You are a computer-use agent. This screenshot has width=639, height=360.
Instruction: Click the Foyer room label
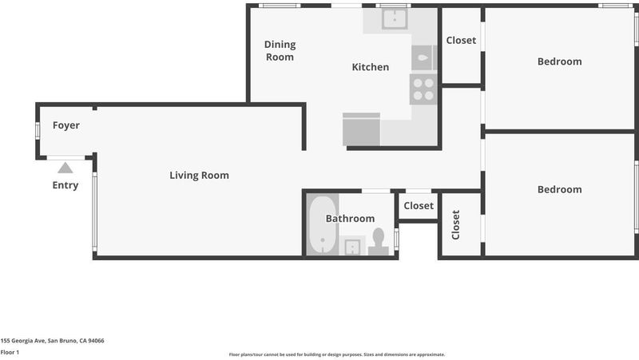(x=66, y=125)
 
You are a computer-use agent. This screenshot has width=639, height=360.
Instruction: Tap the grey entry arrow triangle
(x=65, y=168)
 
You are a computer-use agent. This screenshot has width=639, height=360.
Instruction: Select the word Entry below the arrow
(x=65, y=185)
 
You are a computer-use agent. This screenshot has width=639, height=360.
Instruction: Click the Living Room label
(x=199, y=176)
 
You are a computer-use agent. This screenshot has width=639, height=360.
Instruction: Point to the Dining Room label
(x=280, y=50)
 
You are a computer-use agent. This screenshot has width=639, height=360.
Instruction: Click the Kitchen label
(x=371, y=67)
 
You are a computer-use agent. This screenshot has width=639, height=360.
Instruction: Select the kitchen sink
(x=395, y=19)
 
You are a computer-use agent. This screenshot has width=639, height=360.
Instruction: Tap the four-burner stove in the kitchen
(x=423, y=89)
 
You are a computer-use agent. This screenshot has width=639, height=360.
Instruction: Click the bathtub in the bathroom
(x=323, y=224)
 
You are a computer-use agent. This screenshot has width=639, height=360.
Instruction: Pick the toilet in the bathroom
(x=379, y=242)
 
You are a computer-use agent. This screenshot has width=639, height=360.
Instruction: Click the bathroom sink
(x=352, y=247)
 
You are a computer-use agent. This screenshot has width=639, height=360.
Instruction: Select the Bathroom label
(x=350, y=219)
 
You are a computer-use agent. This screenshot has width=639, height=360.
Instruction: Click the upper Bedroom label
(x=560, y=61)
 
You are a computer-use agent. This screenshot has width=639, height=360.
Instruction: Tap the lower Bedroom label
(x=560, y=189)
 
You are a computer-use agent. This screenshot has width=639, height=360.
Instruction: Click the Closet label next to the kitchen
(x=461, y=41)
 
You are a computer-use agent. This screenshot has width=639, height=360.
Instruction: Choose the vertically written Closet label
(x=455, y=225)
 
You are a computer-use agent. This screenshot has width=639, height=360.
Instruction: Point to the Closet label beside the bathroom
(x=419, y=206)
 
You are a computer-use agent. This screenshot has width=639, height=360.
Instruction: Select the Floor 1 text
(x=10, y=352)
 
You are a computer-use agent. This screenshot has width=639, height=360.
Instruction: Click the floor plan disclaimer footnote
(x=337, y=354)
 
